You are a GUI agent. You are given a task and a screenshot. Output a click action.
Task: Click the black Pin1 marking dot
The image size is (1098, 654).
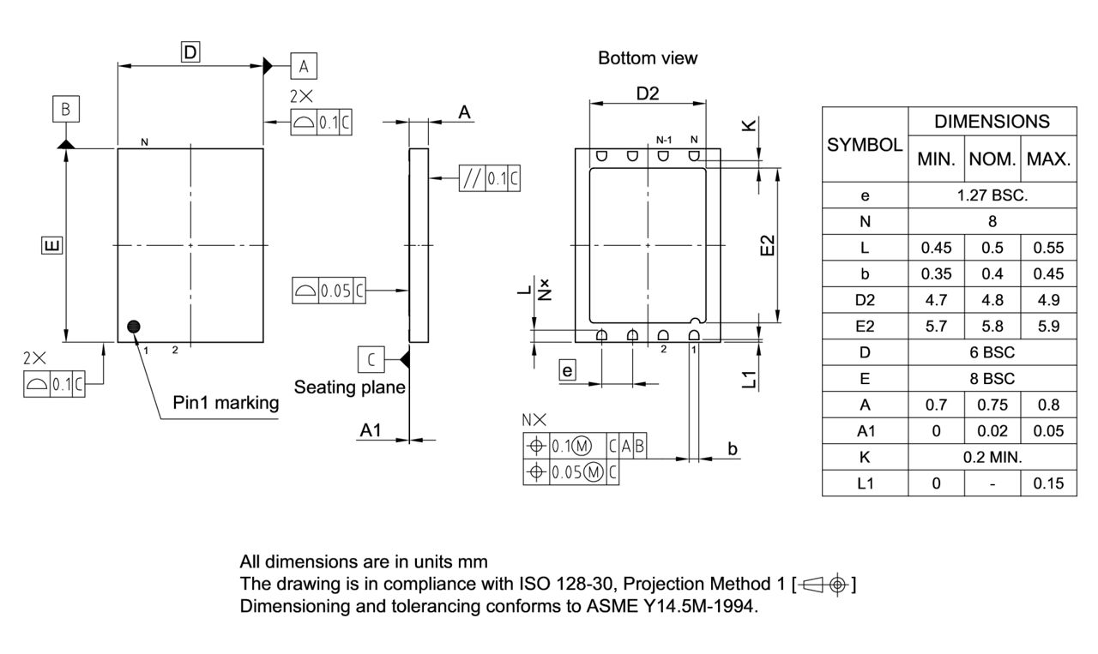[x=134, y=326]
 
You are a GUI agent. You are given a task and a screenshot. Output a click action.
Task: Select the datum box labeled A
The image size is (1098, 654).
[x=304, y=65]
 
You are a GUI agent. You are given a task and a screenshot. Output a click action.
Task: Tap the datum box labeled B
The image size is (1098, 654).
[x=66, y=110]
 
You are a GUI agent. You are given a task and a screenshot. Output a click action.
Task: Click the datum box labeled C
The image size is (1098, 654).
[x=371, y=359]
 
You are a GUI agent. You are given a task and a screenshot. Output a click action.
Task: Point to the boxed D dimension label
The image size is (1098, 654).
[x=190, y=52]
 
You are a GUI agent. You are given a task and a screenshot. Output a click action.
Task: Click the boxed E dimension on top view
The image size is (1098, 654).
[x=51, y=247]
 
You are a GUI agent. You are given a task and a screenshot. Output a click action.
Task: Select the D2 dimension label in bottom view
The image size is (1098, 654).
[x=648, y=93]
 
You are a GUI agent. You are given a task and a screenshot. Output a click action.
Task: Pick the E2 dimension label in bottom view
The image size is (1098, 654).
[x=768, y=245]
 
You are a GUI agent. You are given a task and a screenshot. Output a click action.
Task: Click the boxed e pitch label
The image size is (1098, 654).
[x=566, y=370]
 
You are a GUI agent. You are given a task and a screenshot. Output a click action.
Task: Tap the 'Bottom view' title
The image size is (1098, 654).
[x=648, y=58]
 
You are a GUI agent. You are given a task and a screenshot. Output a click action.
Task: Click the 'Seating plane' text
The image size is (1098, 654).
[x=350, y=387]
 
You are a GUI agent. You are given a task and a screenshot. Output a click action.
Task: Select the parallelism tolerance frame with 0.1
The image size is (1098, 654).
[x=490, y=178]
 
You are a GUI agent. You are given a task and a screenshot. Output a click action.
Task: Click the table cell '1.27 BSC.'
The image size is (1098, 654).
[x=992, y=195]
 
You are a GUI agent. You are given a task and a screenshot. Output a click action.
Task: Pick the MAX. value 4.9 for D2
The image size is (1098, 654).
[x=1048, y=300]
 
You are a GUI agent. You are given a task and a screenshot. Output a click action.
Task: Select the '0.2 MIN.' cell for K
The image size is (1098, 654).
[x=992, y=457]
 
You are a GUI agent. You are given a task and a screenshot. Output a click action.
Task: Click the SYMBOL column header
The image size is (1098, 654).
[x=865, y=145]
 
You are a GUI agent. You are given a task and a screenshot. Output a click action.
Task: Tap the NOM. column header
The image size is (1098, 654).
[x=992, y=159]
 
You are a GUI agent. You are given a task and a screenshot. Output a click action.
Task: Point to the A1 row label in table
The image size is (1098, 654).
[x=865, y=431]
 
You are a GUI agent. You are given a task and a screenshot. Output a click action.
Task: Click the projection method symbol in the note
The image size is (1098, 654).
[x=824, y=585]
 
